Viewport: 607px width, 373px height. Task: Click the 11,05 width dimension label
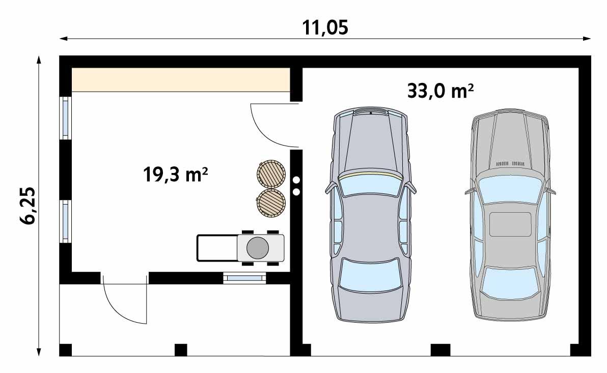click(326, 27)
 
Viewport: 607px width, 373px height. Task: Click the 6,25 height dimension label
click(29, 206)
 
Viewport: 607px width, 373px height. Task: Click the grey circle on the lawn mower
click(258, 248)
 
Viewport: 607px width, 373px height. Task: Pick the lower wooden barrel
click(270, 203)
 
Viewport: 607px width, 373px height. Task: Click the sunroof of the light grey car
click(510, 224)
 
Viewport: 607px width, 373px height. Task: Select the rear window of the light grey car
click(510, 282)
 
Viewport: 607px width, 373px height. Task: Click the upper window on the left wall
click(66, 118)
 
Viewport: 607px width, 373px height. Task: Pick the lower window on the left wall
click(66, 221)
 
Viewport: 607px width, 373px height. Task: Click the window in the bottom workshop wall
click(244, 278)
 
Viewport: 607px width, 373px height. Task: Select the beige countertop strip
click(181, 79)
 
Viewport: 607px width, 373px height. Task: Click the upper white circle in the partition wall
click(296, 180)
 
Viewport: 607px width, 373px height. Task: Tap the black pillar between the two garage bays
click(440, 350)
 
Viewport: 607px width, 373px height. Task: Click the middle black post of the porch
click(181, 350)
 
